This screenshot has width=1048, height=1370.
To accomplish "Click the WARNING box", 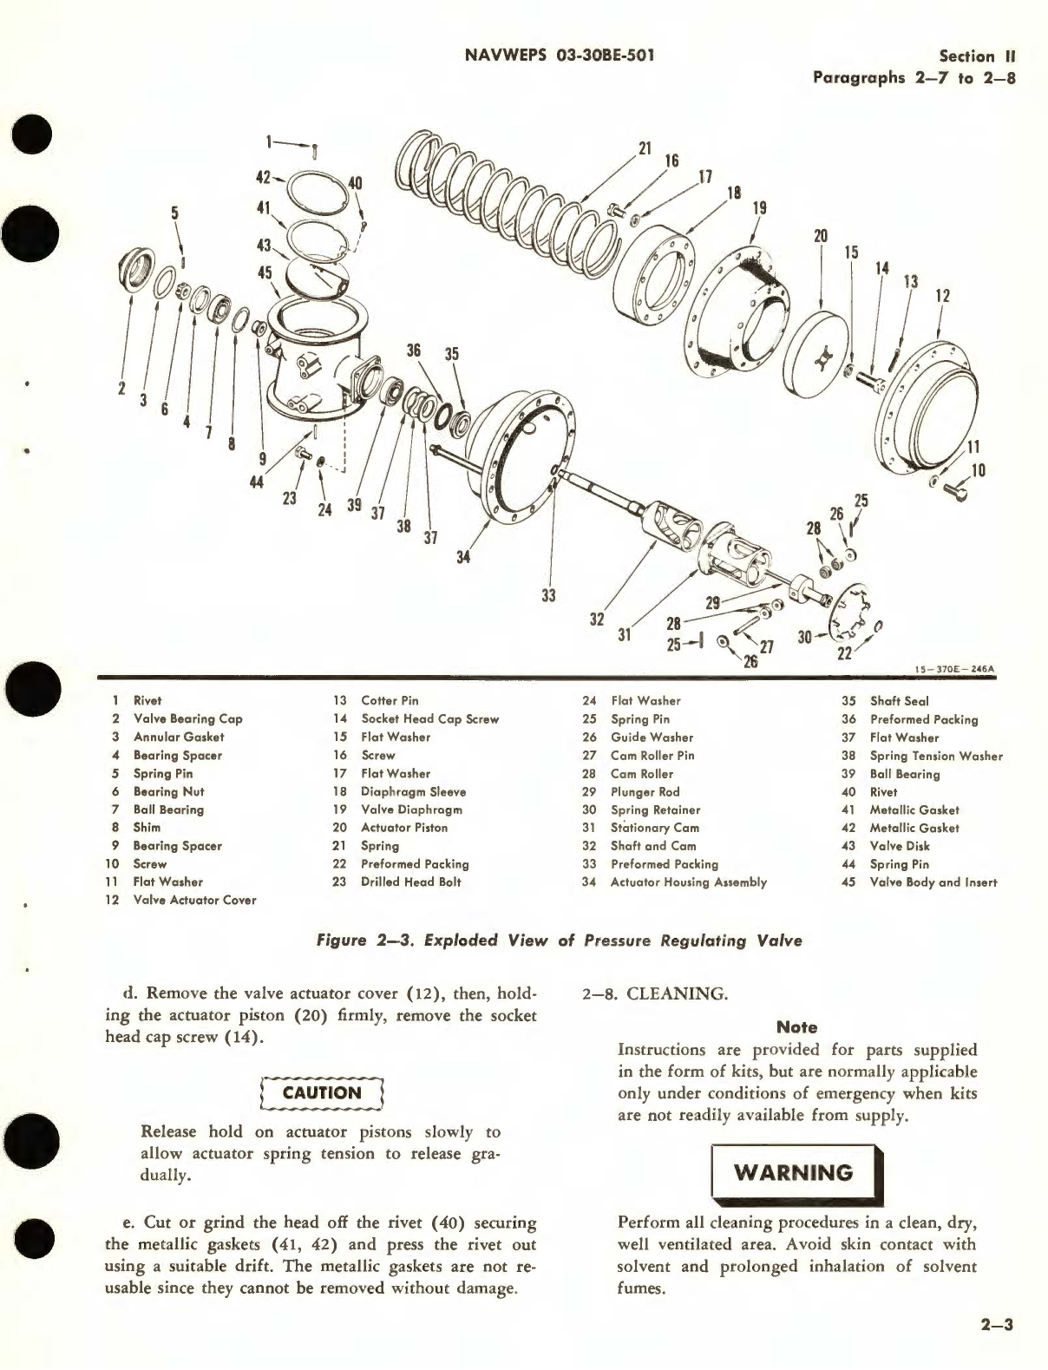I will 795,1173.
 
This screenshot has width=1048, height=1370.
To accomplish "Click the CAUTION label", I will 322,1093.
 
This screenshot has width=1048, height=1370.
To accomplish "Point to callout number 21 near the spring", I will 645,148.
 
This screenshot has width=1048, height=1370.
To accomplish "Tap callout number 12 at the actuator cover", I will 942,296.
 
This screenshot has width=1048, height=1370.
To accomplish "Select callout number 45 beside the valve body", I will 265,272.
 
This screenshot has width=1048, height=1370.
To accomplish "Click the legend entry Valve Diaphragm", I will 411,810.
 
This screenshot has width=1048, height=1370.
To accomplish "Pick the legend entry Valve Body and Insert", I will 933,882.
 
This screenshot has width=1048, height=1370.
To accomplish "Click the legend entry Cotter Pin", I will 390,700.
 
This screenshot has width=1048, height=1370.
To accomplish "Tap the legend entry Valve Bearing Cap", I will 187,718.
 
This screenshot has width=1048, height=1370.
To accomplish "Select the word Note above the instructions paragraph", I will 796,1026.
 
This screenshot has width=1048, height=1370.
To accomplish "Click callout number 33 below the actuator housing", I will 548,595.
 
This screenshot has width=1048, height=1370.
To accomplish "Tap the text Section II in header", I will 978,56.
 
